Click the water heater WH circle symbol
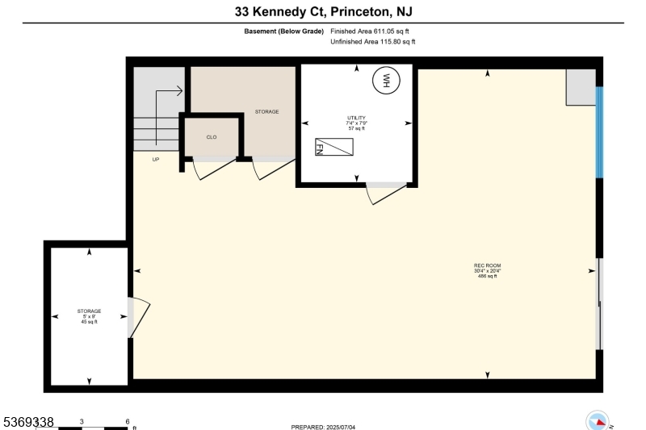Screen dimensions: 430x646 (x=386, y=80)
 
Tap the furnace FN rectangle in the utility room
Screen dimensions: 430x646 (x=334, y=147)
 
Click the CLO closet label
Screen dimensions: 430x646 (x=212, y=137)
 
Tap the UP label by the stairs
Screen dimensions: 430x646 (x=156, y=159)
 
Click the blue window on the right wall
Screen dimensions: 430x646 (x=599, y=132)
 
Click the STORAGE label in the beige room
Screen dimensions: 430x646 (x=266, y=111)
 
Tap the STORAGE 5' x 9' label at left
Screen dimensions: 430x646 (x=89, y=315)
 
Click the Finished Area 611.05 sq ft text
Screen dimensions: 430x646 (x=370, y=31)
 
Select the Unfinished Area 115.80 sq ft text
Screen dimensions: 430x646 (x=373, y=41)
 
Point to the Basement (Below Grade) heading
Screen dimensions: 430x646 (x=283, y=31)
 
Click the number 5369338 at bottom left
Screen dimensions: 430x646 (x=28, y=422)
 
